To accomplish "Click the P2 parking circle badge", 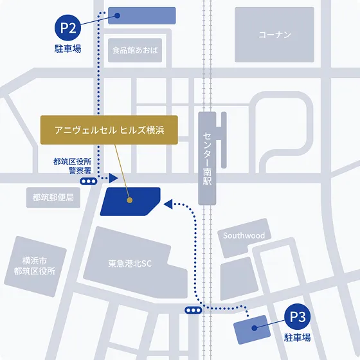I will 68,28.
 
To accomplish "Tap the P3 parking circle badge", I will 298,317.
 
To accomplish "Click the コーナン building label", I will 274,34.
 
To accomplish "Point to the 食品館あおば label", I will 134,50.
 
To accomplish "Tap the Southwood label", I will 244,236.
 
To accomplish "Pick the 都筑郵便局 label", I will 52,198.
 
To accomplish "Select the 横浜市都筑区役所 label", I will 39,266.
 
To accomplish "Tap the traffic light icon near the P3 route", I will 192,310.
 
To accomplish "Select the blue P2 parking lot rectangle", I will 141,15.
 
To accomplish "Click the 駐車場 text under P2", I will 67,49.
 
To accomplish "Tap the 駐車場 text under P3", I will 298,337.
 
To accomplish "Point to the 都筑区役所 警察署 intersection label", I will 71,166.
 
